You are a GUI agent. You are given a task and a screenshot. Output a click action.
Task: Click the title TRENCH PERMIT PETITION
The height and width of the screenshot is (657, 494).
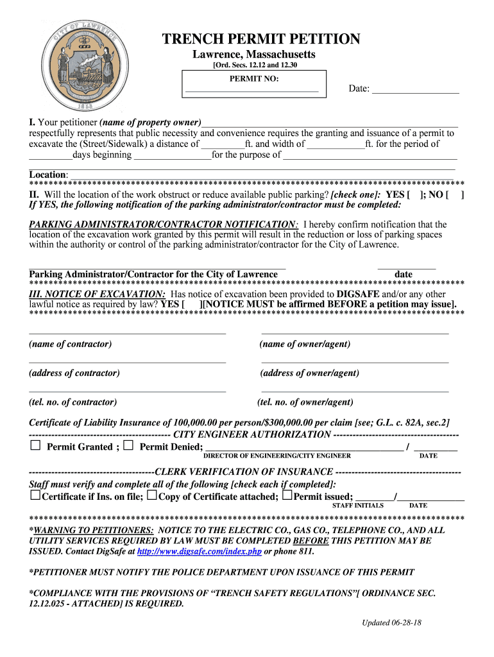[260, 39]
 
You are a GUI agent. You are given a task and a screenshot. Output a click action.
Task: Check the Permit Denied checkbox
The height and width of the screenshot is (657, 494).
[129, 446]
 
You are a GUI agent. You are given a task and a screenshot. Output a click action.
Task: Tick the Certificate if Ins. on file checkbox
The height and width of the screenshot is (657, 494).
[35, 496]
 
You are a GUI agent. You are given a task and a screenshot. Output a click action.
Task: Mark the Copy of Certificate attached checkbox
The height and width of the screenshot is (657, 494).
[151, 496]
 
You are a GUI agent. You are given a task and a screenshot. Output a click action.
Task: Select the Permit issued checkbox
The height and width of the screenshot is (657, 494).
[287, 496]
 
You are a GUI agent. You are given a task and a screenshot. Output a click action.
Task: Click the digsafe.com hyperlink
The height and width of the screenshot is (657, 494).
[199, 551]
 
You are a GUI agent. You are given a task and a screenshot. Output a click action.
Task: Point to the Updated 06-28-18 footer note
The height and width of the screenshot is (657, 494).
[391, 622]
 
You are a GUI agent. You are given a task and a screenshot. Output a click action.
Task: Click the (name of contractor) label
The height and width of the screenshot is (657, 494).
[71, 344]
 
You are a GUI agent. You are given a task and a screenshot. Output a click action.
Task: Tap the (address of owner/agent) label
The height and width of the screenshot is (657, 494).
[309, 373]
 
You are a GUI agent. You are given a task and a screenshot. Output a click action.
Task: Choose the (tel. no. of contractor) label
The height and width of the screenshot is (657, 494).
[73, 402]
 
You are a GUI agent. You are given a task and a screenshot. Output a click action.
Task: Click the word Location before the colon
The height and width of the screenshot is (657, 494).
[47, 175]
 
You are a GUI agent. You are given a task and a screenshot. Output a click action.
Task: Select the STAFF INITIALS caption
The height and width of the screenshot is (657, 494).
[357, 506]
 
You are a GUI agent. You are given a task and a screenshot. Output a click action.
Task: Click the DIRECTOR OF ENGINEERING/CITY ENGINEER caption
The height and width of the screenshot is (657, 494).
[277, 456]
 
